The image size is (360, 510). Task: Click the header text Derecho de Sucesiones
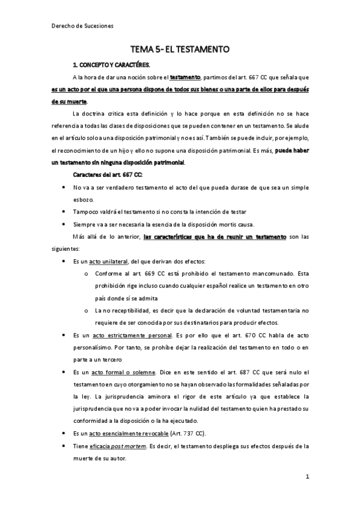(x=79, y=26)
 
